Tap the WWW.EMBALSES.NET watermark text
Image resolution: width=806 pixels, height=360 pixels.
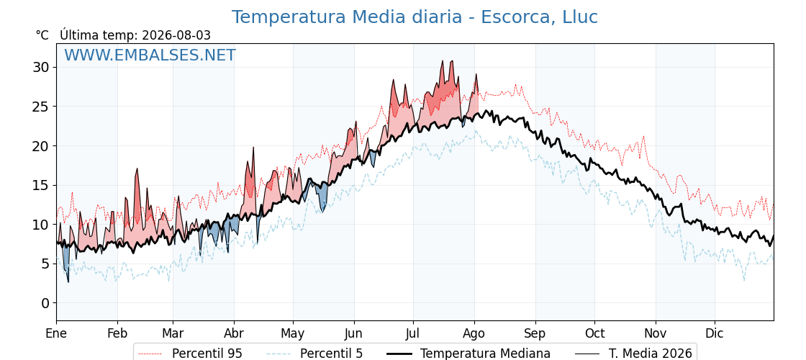(150, 55)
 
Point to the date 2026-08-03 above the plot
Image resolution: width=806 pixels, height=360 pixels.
(176, 35)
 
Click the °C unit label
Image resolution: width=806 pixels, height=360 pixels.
(42, 35)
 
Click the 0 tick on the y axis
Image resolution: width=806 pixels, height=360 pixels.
(46, 303)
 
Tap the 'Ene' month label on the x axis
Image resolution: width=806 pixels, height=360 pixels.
(56, 333)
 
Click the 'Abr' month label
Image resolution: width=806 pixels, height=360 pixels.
(234, 333)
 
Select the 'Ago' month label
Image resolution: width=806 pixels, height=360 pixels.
(474, 333)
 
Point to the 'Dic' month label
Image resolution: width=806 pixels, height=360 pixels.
(714, 333)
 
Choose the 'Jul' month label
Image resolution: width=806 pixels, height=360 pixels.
(413, 333)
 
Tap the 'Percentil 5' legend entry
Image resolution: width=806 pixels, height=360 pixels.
(314, 354)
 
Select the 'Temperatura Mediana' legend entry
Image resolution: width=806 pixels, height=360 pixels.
(467, 354)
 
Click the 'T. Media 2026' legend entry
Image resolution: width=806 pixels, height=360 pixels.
(633, 354)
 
